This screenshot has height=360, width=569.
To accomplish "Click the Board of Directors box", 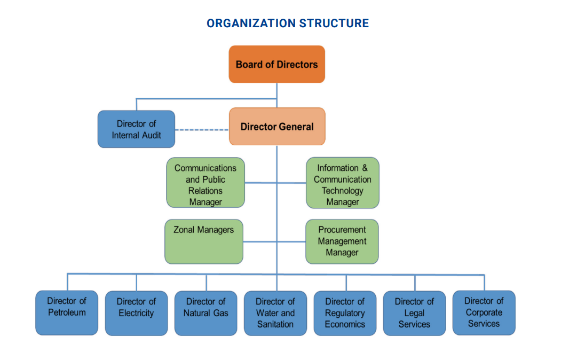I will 276,64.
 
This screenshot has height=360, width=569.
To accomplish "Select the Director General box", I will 277,127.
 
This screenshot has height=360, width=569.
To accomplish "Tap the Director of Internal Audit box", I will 136,129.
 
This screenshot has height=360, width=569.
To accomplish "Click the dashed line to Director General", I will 202,130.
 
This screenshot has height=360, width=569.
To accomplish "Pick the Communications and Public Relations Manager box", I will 206,182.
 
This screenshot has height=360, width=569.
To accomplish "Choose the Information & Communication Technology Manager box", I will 342,183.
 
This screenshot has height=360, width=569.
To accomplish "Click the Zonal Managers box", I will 204,241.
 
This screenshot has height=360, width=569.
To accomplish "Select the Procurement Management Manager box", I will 342,241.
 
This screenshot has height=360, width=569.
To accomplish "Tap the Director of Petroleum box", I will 67,312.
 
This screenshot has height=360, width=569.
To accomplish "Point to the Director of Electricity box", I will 136,313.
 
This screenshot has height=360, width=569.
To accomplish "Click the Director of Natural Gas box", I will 206,313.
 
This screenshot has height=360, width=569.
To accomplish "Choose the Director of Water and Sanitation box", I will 275,313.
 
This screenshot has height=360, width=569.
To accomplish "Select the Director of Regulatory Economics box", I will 345,313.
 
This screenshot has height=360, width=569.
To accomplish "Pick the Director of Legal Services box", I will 414,313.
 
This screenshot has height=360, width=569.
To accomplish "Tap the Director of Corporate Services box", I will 484,312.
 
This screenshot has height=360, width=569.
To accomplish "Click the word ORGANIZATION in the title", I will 251,24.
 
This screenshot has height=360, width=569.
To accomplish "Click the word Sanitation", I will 275,324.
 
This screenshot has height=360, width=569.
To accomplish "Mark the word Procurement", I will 342,230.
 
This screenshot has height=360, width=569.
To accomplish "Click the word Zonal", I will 185,230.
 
